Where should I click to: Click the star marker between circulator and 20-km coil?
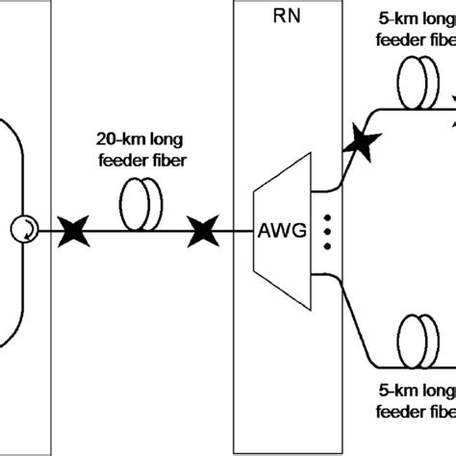[x=71, y=232]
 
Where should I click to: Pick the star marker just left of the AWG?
[x=201, y=232]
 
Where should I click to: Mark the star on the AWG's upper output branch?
[x=361, y=143]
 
